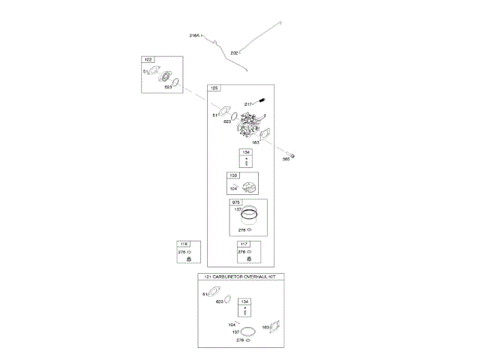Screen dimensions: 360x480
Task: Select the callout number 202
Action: [234, 52]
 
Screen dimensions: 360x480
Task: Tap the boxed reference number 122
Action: [148, 60]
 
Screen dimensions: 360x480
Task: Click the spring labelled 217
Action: [263, 102]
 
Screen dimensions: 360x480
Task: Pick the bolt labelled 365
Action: [295, 155]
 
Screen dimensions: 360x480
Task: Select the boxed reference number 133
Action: [233, 176]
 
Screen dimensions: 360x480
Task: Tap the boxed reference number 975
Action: [235, 202]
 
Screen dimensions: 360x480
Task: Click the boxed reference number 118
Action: [182, 244]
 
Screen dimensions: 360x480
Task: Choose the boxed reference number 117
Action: [243, 244]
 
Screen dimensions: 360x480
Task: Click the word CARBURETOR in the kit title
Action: [227, 277]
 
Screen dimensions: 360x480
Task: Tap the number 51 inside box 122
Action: [145, 72]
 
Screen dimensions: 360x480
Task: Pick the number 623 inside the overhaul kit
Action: [219, 302]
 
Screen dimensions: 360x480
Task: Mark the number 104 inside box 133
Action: [233, 188]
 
